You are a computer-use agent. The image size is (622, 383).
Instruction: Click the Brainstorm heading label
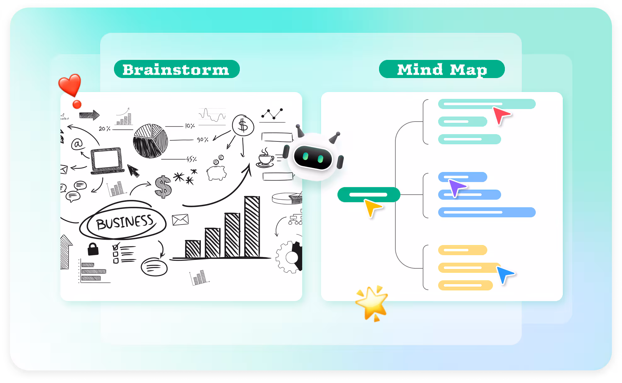(x=177, y=69)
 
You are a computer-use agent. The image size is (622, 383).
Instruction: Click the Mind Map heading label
(x=442, y=69)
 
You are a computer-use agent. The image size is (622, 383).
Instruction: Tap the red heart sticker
(x=70, y=84)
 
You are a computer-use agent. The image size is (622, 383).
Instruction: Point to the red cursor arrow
(x=500, y=115)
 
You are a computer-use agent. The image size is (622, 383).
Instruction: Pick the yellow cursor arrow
(x=372, y=207)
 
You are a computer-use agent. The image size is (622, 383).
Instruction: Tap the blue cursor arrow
(x=504, y=274)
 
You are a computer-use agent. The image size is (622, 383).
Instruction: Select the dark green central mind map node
(x=369, y=195)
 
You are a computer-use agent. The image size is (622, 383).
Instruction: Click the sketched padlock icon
(x=93, y=249)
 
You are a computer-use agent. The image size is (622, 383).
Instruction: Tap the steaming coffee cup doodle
(x=265, y=158)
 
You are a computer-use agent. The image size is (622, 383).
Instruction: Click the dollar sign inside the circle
(x=243, y=125)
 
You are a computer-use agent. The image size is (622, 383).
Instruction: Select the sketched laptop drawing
(x=107, y=161)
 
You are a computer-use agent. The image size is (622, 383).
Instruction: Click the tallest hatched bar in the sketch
(x=252, y=227)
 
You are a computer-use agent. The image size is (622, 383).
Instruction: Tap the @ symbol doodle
(x=77, y=144)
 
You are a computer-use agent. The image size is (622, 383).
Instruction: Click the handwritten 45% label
(x=191, y=159)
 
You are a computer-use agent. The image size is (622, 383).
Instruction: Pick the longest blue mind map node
(x=487, y=212)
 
